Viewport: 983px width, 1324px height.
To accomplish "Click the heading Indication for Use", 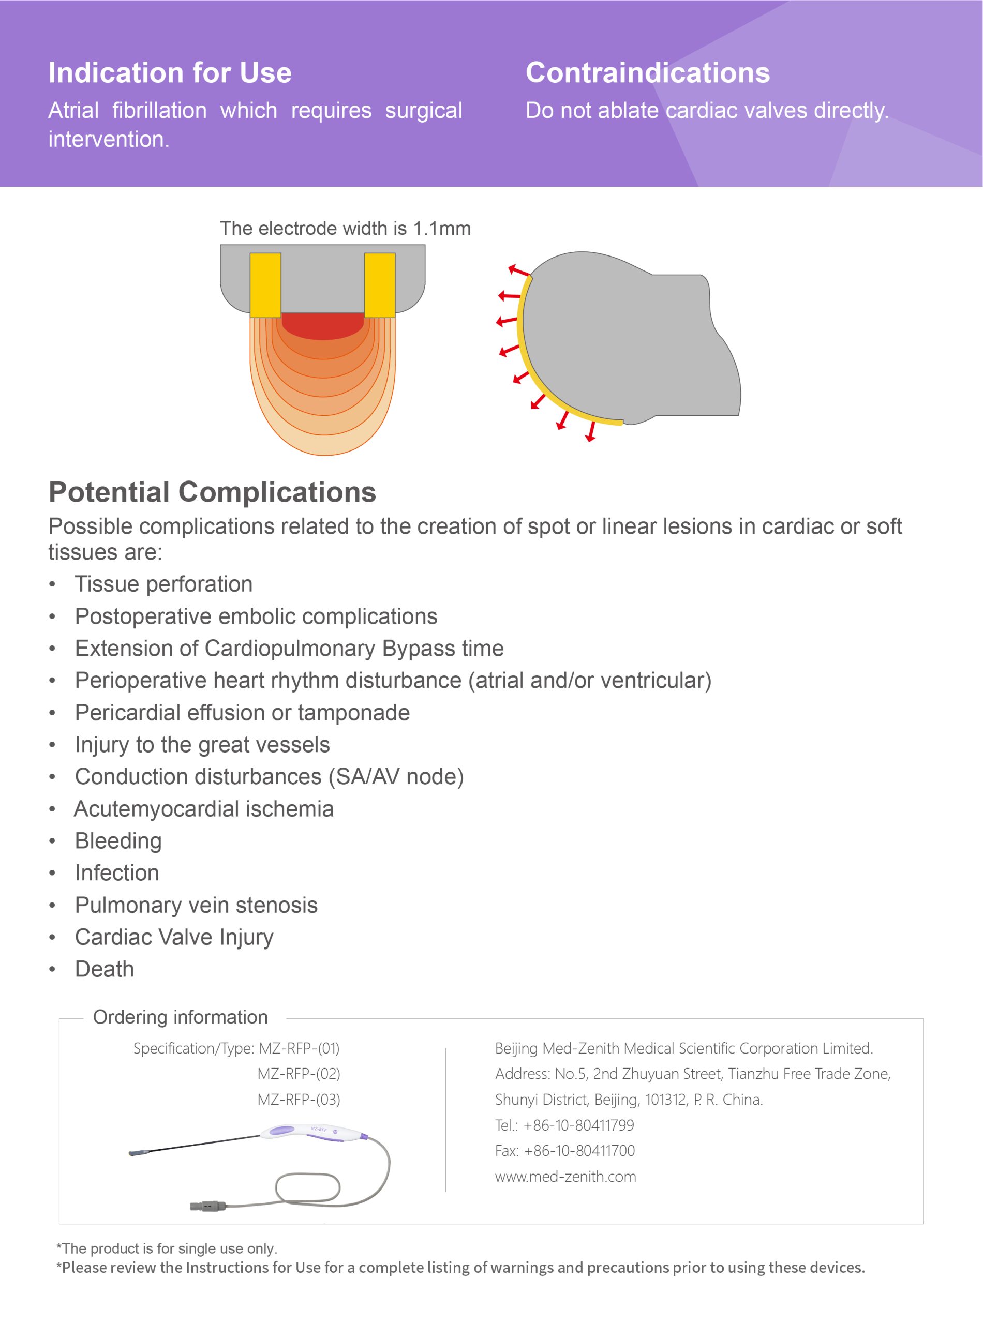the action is point(170,72).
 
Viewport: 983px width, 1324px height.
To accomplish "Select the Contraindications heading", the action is point(647,72).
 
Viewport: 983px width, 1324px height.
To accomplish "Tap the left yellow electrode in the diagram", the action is point(265,285).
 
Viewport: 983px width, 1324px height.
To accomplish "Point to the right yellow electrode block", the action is point(380,285).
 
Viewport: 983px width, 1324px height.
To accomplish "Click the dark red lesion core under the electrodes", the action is point(322,325).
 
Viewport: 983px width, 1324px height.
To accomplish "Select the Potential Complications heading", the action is point(213,492).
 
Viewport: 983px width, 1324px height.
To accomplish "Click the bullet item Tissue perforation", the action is point(163,584).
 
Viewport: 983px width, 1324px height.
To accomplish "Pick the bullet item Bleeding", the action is point(118,840).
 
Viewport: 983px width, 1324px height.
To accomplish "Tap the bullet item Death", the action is point(104,969).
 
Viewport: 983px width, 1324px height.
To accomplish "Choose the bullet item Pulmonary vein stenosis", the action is point(197,905).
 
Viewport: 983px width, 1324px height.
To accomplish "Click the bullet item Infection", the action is point(117,872).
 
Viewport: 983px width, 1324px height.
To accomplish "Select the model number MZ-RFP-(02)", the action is point(299,1074).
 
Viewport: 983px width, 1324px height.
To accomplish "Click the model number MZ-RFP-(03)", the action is point(299,1099).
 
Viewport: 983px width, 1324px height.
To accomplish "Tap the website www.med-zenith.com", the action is point(565,1177).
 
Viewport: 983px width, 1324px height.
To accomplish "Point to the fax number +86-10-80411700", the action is point(579,1151).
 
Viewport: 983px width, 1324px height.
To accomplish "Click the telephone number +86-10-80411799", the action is point(578,1125).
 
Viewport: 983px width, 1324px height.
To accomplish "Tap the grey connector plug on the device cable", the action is point(209,1206).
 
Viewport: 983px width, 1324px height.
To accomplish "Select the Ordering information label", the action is point(180,1017).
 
